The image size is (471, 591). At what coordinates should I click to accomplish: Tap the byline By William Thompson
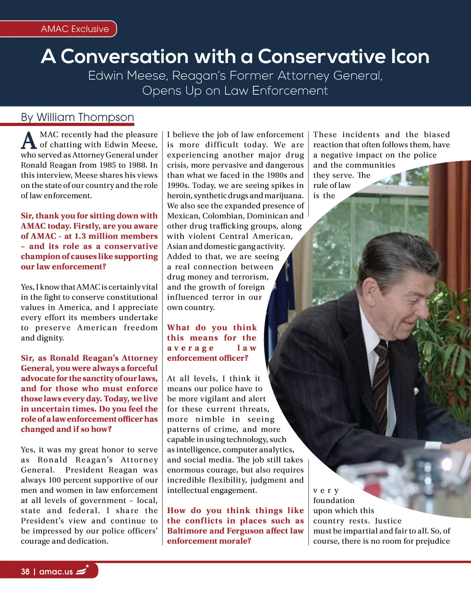pyautogui.click(x=77, y=117)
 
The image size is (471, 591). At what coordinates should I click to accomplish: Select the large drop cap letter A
pyautogui.click(x=29, y=140)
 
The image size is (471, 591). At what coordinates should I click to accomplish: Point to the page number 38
pyautogui.click(x=25, y=572)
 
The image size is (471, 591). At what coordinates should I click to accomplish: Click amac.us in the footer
pyautogui.click(x=56, y=572)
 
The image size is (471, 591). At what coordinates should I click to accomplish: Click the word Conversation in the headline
pyautogui.click(x=125, y=57)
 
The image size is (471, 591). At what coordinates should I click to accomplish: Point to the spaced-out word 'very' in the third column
pyautogui.click(x=326, y=491)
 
